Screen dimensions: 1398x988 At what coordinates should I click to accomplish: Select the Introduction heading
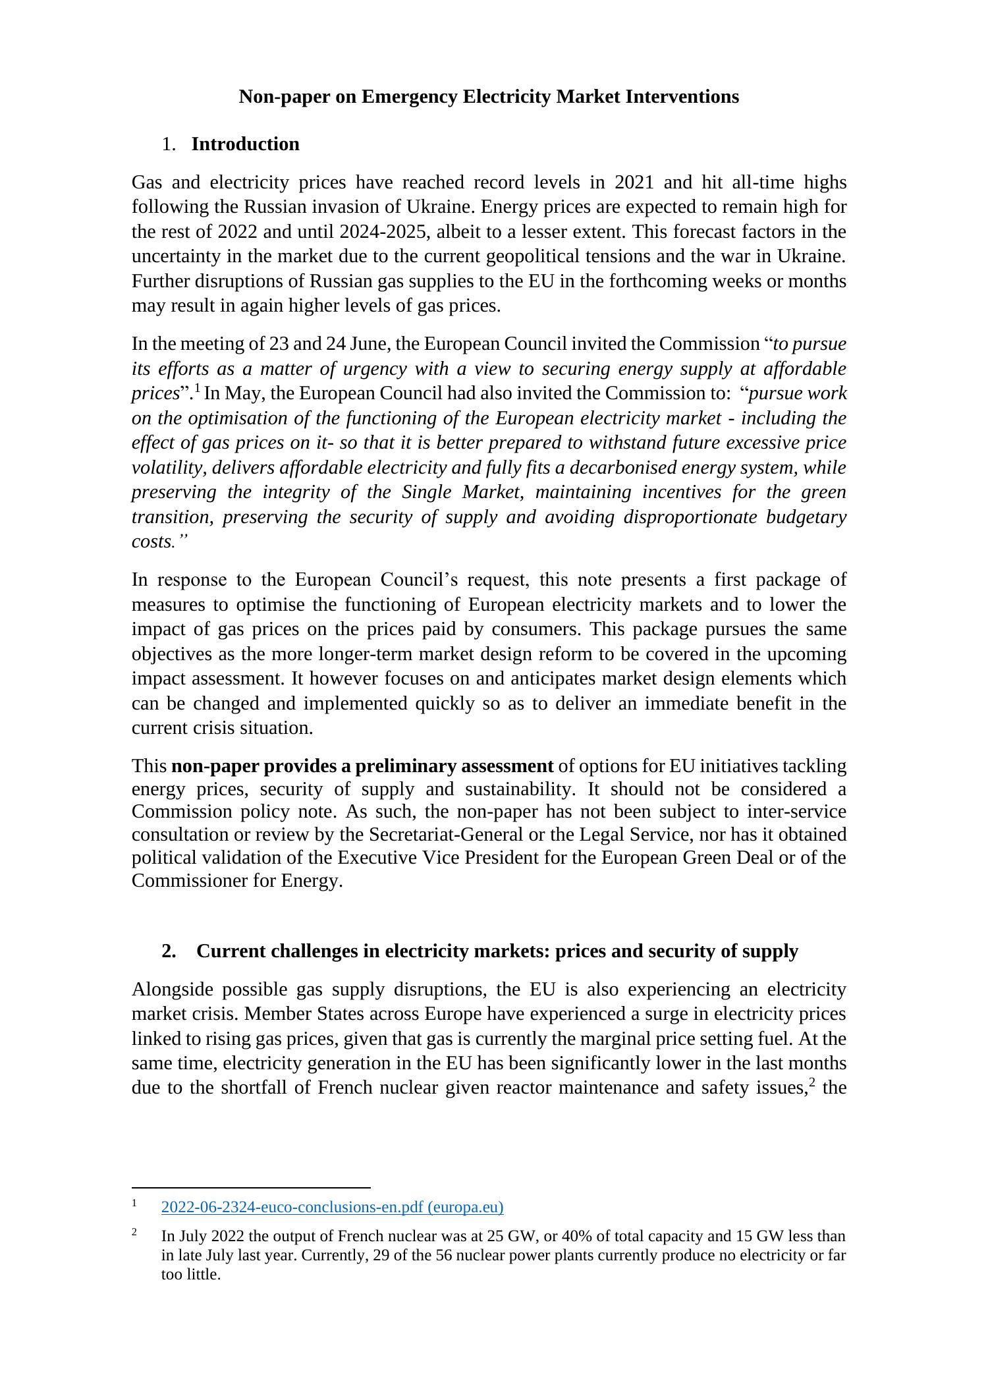tap(245, 144)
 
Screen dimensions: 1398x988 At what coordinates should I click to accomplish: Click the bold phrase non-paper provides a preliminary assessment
tap(362, 766)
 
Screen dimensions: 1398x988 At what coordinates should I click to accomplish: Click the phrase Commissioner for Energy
tap(236, 881)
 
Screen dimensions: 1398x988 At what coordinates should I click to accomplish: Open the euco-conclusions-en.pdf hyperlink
tap(332, 1207)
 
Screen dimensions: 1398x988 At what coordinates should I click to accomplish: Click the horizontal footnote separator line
tap(251, 1187)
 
